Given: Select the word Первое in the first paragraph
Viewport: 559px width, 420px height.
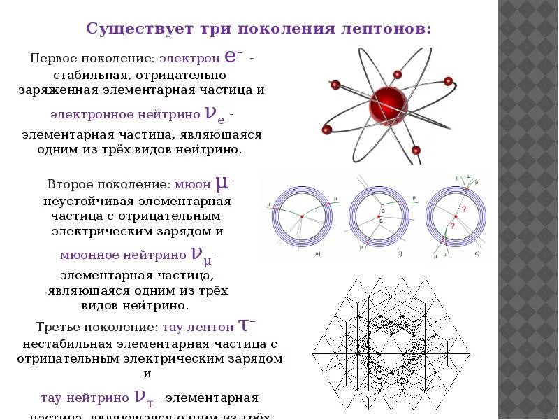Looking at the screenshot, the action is pos(54,59).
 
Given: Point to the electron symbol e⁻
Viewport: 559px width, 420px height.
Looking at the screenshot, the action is pos(234,57).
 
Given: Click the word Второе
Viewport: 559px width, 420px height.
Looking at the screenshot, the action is pos(71,185).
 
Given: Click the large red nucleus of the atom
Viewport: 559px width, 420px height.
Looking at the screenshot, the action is pos(387,104).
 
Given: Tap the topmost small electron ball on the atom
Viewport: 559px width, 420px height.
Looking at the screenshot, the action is pos(398,74).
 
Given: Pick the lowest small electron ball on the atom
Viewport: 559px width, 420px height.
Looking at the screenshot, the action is pos(416,150).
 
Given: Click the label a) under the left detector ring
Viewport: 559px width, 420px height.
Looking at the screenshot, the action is pos(319,253).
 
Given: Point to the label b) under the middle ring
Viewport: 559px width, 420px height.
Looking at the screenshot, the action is pos(400,253).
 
